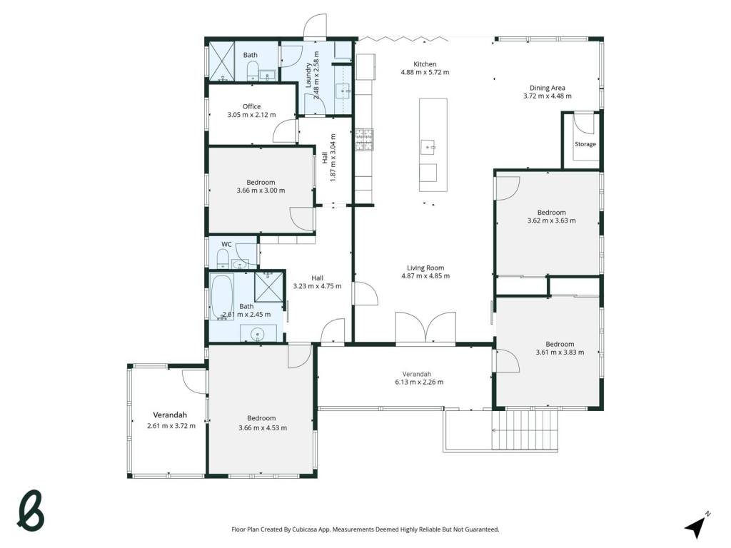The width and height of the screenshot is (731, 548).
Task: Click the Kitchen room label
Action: [425, 64]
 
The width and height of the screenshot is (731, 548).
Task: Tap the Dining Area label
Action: [548, 88]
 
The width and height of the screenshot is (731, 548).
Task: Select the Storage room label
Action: [585, 144]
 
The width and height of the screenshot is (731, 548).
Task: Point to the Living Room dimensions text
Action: [425, 276]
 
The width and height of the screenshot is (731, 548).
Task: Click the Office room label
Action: [251, 106]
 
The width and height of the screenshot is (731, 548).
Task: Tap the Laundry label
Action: [308, 75]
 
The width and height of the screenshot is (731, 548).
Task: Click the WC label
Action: [226, 244]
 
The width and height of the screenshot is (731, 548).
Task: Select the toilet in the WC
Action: [223, 258]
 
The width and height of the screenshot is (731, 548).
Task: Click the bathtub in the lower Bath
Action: [222, 296]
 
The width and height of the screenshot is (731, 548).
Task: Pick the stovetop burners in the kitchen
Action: [364, 140]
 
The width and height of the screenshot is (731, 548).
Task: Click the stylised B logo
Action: [31, 510]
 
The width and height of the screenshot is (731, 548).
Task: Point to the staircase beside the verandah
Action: [525, 430]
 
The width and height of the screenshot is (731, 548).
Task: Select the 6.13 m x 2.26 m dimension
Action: [419, 382]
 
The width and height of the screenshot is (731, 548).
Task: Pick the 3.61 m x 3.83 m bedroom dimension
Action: [560, 352]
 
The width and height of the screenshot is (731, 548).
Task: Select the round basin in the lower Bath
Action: [257, 334]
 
